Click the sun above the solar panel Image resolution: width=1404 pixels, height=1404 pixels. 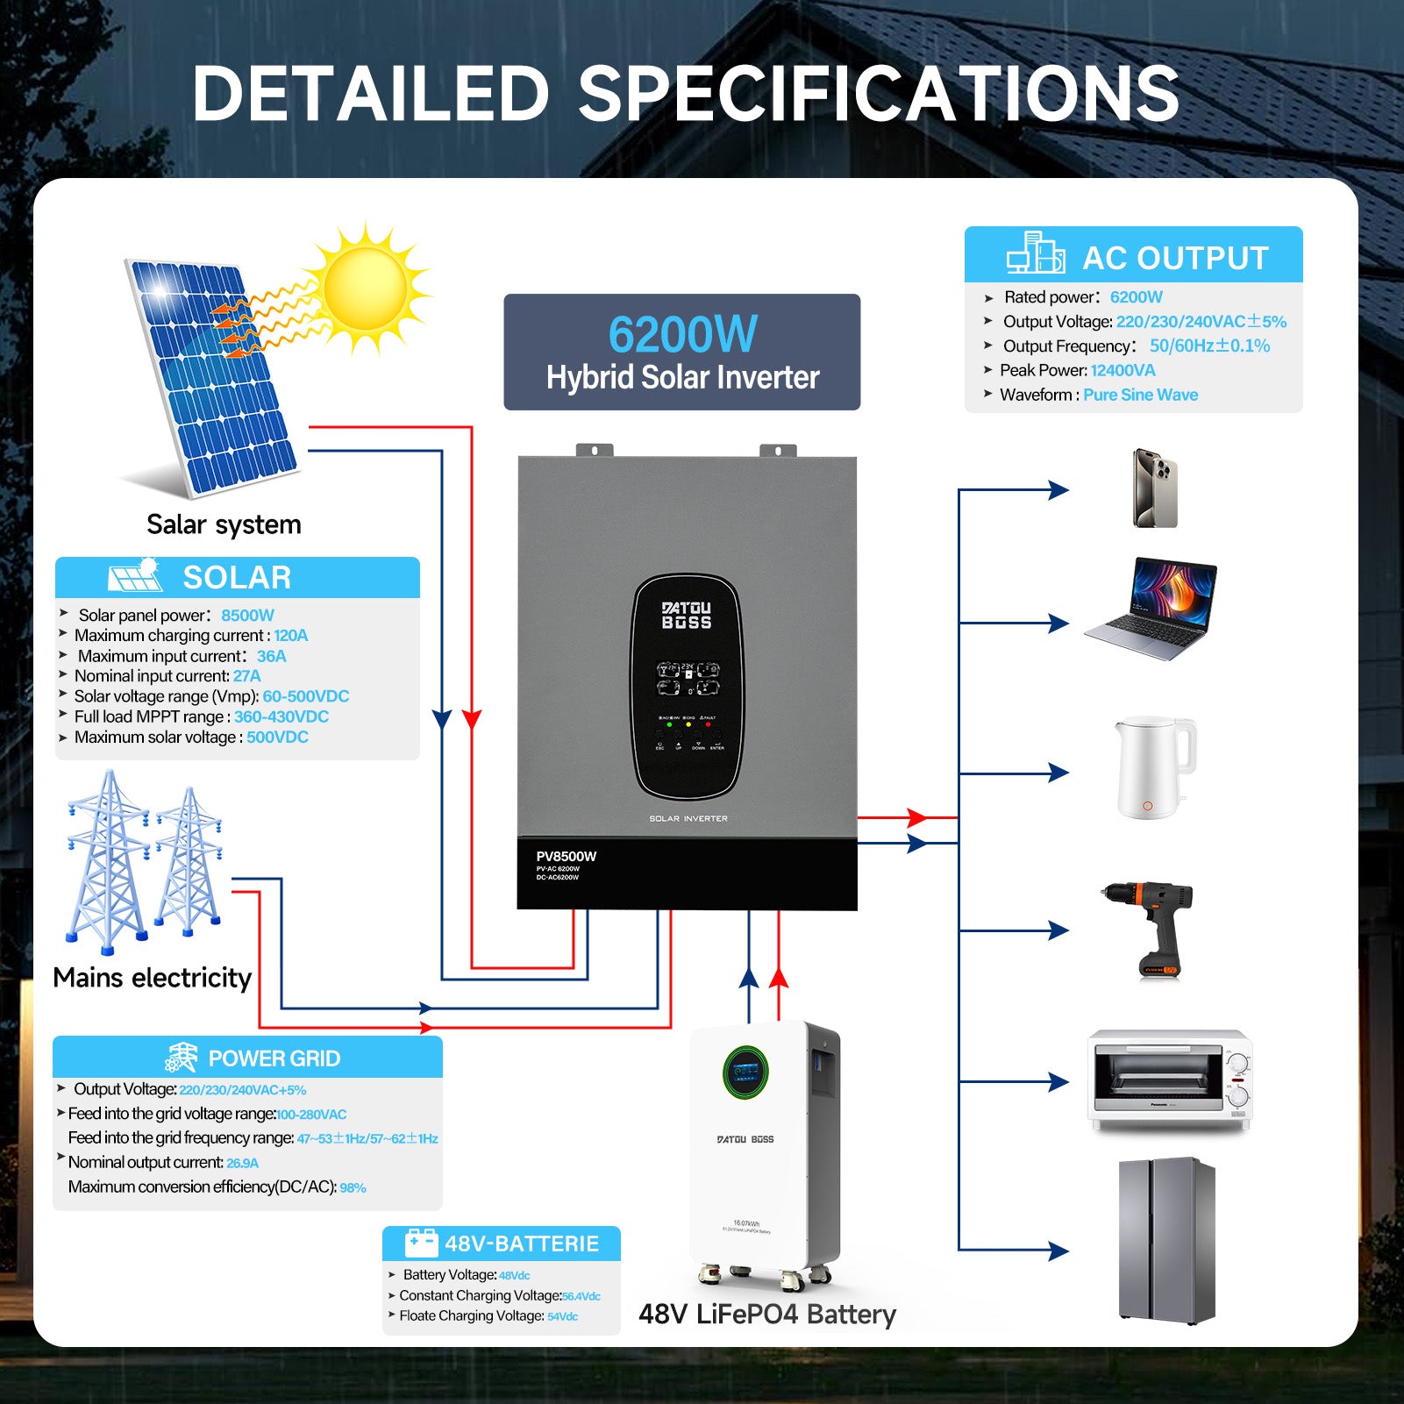tap(366, 288)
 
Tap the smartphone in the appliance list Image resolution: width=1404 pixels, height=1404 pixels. tap(1154, 488)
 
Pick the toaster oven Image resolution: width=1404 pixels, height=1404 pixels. tap(1170, 1080)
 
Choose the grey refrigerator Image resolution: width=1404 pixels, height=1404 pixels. tap(1166, 1239)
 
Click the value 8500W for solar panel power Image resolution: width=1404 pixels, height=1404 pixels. tap(247, 616)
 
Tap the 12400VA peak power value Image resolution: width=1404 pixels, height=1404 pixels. tap(1122, 370)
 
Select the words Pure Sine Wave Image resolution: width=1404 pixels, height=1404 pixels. tap(1140, 395)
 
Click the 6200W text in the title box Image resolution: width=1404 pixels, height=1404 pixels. tap(682, 334)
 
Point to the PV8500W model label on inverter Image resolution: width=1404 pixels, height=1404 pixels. tap(566, 856)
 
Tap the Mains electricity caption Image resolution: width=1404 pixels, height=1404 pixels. tap(153, 977)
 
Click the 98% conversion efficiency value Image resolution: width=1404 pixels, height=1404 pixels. tap(353, 1187)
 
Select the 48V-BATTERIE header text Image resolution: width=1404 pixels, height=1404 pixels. tap(521, 1244)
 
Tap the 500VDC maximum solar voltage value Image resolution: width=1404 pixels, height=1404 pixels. tap(277, 738)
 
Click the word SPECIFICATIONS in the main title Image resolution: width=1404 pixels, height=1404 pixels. tap(879, 94)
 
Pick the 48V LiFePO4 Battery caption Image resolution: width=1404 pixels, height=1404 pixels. tap(767, 1314)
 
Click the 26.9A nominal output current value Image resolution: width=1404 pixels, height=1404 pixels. tap(242, 1163)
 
